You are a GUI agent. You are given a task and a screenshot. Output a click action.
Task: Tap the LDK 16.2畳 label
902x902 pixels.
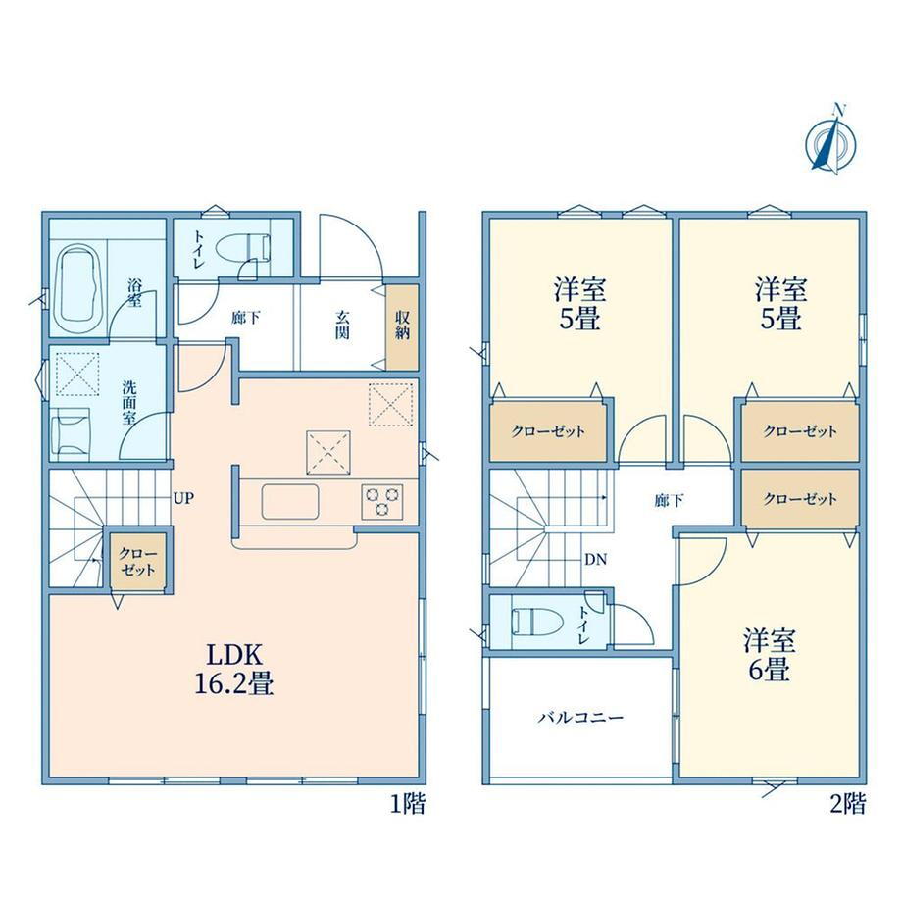(x=234, y=669)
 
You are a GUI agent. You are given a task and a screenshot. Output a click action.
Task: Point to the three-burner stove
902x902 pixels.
(x=382, y=501)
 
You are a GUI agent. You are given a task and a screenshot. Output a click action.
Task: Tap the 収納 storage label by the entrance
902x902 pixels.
(x=402, y=326)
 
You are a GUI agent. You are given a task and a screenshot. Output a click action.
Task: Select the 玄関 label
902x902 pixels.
(x=342, y=326)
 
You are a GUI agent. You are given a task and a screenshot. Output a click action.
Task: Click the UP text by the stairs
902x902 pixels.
(x=183, y=498)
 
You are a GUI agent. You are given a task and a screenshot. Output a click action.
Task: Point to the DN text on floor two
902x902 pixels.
(x=595, y=559)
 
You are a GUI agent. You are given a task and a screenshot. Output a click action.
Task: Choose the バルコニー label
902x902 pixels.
(x=581, y=718)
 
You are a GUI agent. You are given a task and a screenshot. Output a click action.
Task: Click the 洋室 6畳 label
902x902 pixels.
(x=769, y=655)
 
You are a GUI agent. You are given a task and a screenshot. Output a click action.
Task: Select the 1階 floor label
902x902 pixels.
(x=408, y=803)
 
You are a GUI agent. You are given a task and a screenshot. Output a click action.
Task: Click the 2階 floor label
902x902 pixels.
(x=847, y=803)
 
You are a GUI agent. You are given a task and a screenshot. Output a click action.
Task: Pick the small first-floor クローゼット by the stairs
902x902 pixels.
(x=138, y=562)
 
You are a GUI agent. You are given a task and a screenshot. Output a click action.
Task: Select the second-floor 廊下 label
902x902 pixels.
(x=669, y=500)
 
